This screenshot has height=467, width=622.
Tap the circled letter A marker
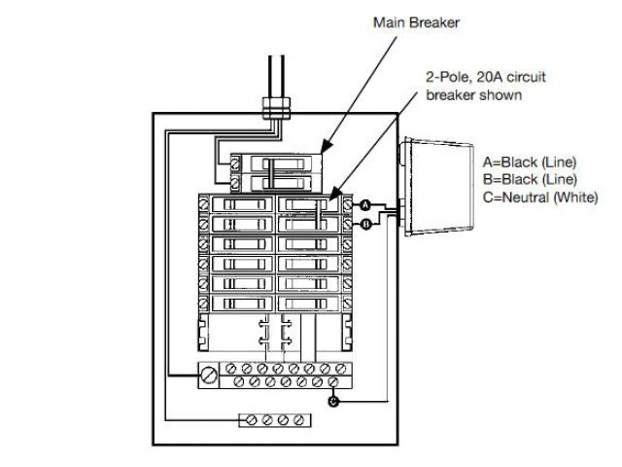coord(364,205)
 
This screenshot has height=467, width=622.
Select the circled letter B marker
coord(364,225)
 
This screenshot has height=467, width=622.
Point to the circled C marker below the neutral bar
coord(334,401)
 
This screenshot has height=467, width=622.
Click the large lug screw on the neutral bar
coord(209,373)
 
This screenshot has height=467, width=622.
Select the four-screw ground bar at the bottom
coord(275,421)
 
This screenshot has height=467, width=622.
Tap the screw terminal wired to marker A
coord(348,205)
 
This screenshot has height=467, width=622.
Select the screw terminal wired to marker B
coord(348,225)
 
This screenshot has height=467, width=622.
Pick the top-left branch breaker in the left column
coord(240,205)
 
